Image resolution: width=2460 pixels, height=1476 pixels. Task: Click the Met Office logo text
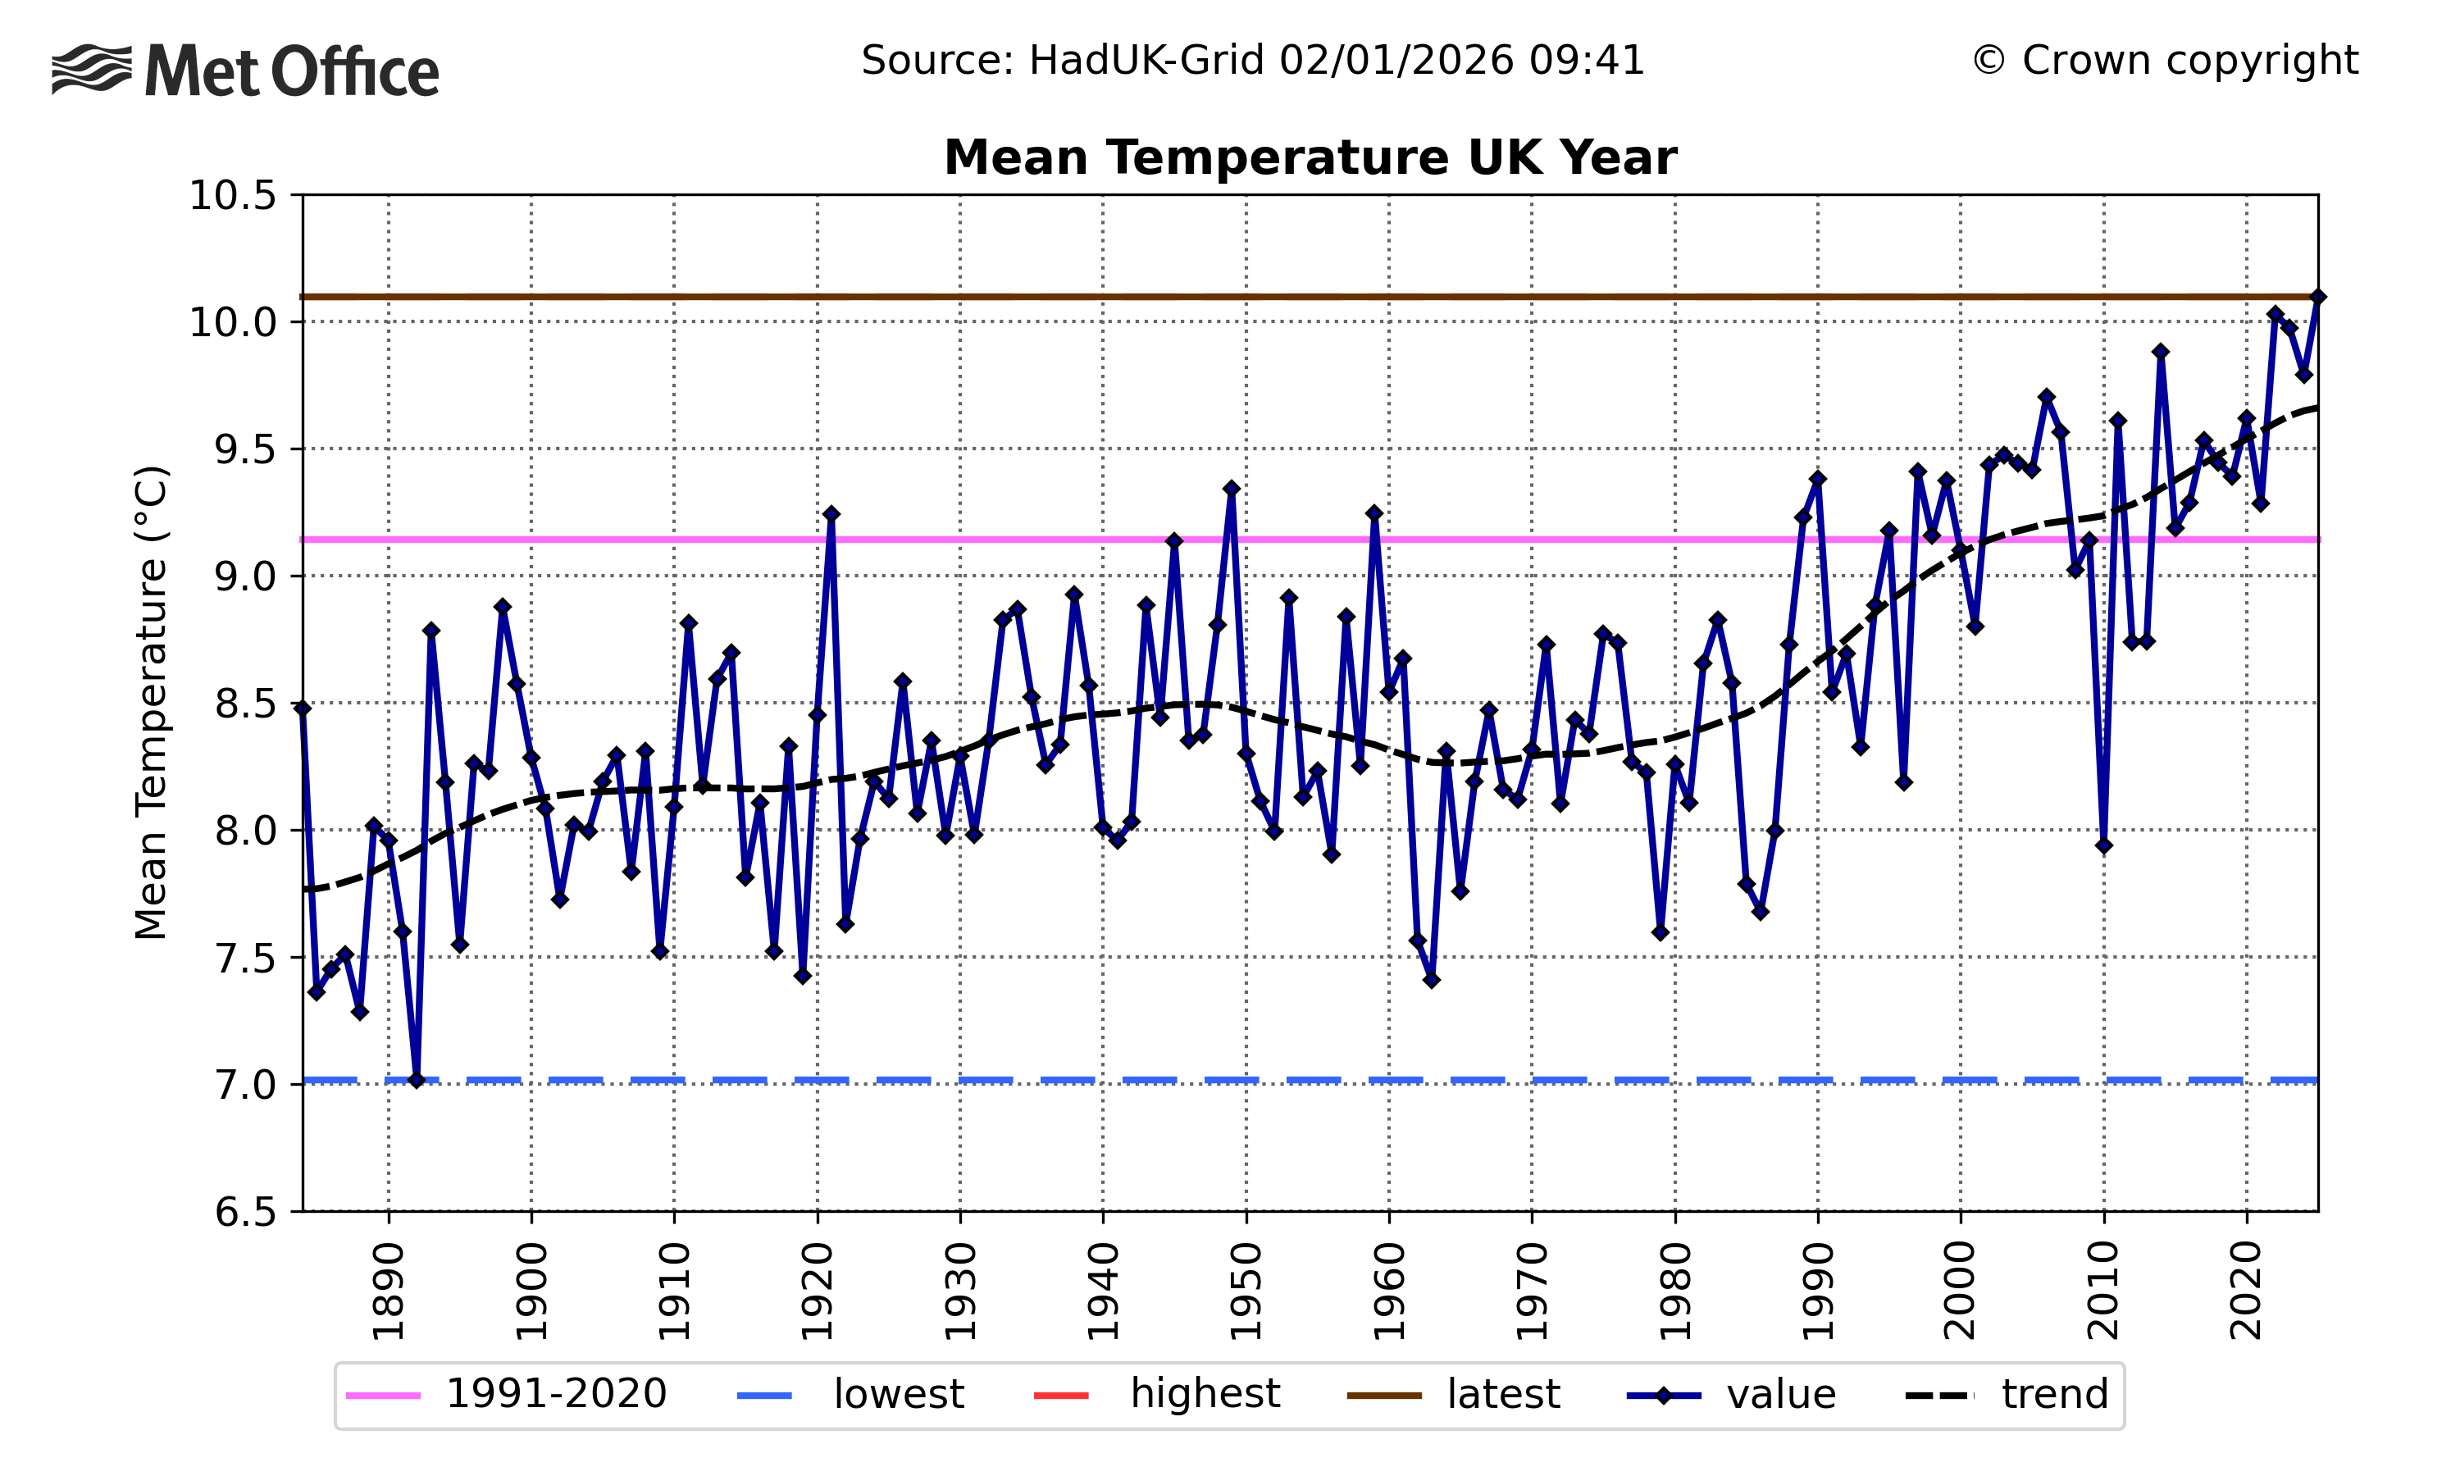click(290, 71)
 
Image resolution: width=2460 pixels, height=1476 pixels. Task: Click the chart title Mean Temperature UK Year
click(1310, 158)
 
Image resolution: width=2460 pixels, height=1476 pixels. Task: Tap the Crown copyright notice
click(2164, 61)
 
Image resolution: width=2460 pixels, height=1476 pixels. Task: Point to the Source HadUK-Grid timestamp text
click(1252, 61)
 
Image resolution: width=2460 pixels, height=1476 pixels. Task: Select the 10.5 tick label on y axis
click(233, 196)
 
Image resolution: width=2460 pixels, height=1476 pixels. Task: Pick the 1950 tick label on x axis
click(1246, 1291)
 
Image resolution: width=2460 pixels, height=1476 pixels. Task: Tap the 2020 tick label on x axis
click(2246, 1291)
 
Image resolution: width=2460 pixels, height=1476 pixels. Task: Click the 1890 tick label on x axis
click(388, 1291)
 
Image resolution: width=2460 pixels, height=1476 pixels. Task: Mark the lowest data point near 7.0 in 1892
click(417, 1080)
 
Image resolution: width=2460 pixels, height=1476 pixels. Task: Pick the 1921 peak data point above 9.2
click(831, 514)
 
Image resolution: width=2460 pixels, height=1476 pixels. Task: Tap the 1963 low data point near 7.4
click(1432, 981)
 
